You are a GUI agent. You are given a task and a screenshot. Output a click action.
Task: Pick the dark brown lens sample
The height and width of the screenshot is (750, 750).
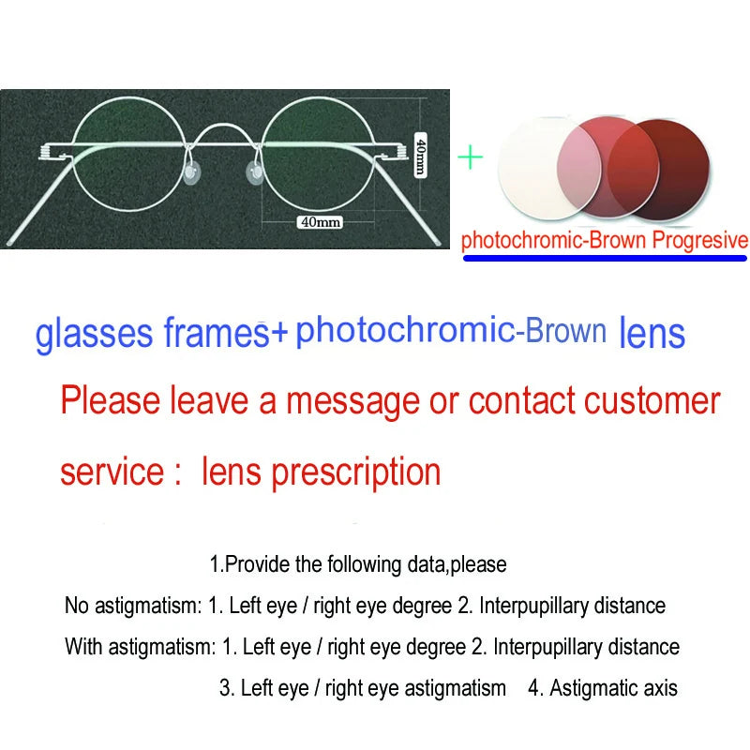[689, 169]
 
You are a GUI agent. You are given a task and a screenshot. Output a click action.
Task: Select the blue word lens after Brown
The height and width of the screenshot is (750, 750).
[652, 333]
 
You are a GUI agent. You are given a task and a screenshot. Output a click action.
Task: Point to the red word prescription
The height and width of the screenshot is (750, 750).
[356, 472]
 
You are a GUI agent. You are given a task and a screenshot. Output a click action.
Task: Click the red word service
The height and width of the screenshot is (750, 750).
[112, 472]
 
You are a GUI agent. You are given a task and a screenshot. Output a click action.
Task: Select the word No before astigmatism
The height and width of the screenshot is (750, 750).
[77, 606]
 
